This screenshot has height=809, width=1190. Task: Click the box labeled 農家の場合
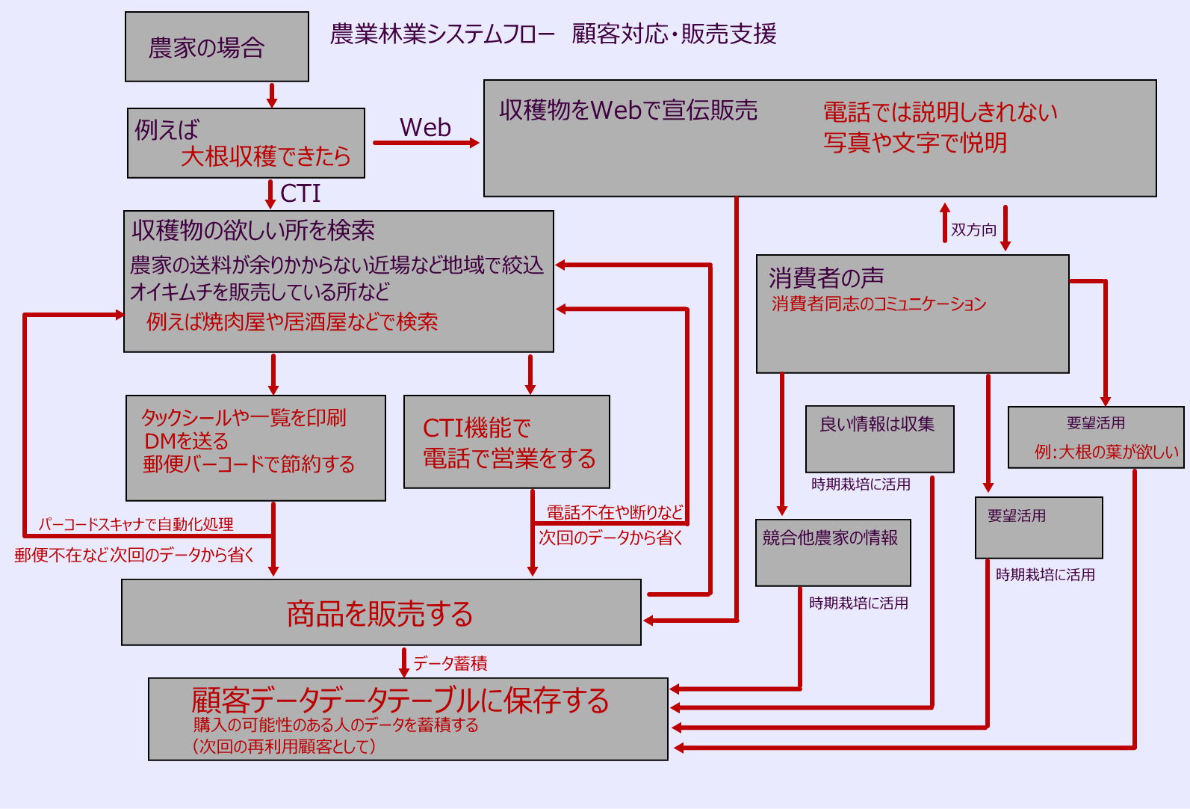217,47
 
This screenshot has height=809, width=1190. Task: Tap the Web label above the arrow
425,128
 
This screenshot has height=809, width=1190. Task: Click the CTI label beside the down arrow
300,194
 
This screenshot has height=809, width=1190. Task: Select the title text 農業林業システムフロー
443,34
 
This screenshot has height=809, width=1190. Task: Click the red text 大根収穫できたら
265,156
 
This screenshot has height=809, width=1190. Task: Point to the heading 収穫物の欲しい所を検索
253,230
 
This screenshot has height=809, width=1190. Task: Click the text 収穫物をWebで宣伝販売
628,111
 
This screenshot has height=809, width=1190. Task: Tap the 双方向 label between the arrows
973,230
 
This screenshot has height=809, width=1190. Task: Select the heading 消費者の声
826,278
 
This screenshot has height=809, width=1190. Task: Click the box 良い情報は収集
879,438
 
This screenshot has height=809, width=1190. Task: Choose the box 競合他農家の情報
832,552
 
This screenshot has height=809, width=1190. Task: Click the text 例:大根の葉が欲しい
1106,452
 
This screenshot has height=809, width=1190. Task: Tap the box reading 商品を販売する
380,613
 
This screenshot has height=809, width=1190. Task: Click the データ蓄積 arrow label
450,663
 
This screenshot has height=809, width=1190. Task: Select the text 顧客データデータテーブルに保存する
400,701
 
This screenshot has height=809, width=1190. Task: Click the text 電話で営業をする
509,458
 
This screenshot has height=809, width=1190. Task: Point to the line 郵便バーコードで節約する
249,464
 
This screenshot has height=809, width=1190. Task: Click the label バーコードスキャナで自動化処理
136,524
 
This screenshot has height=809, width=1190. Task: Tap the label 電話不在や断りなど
615,512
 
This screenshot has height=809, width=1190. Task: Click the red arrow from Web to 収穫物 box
426,143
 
